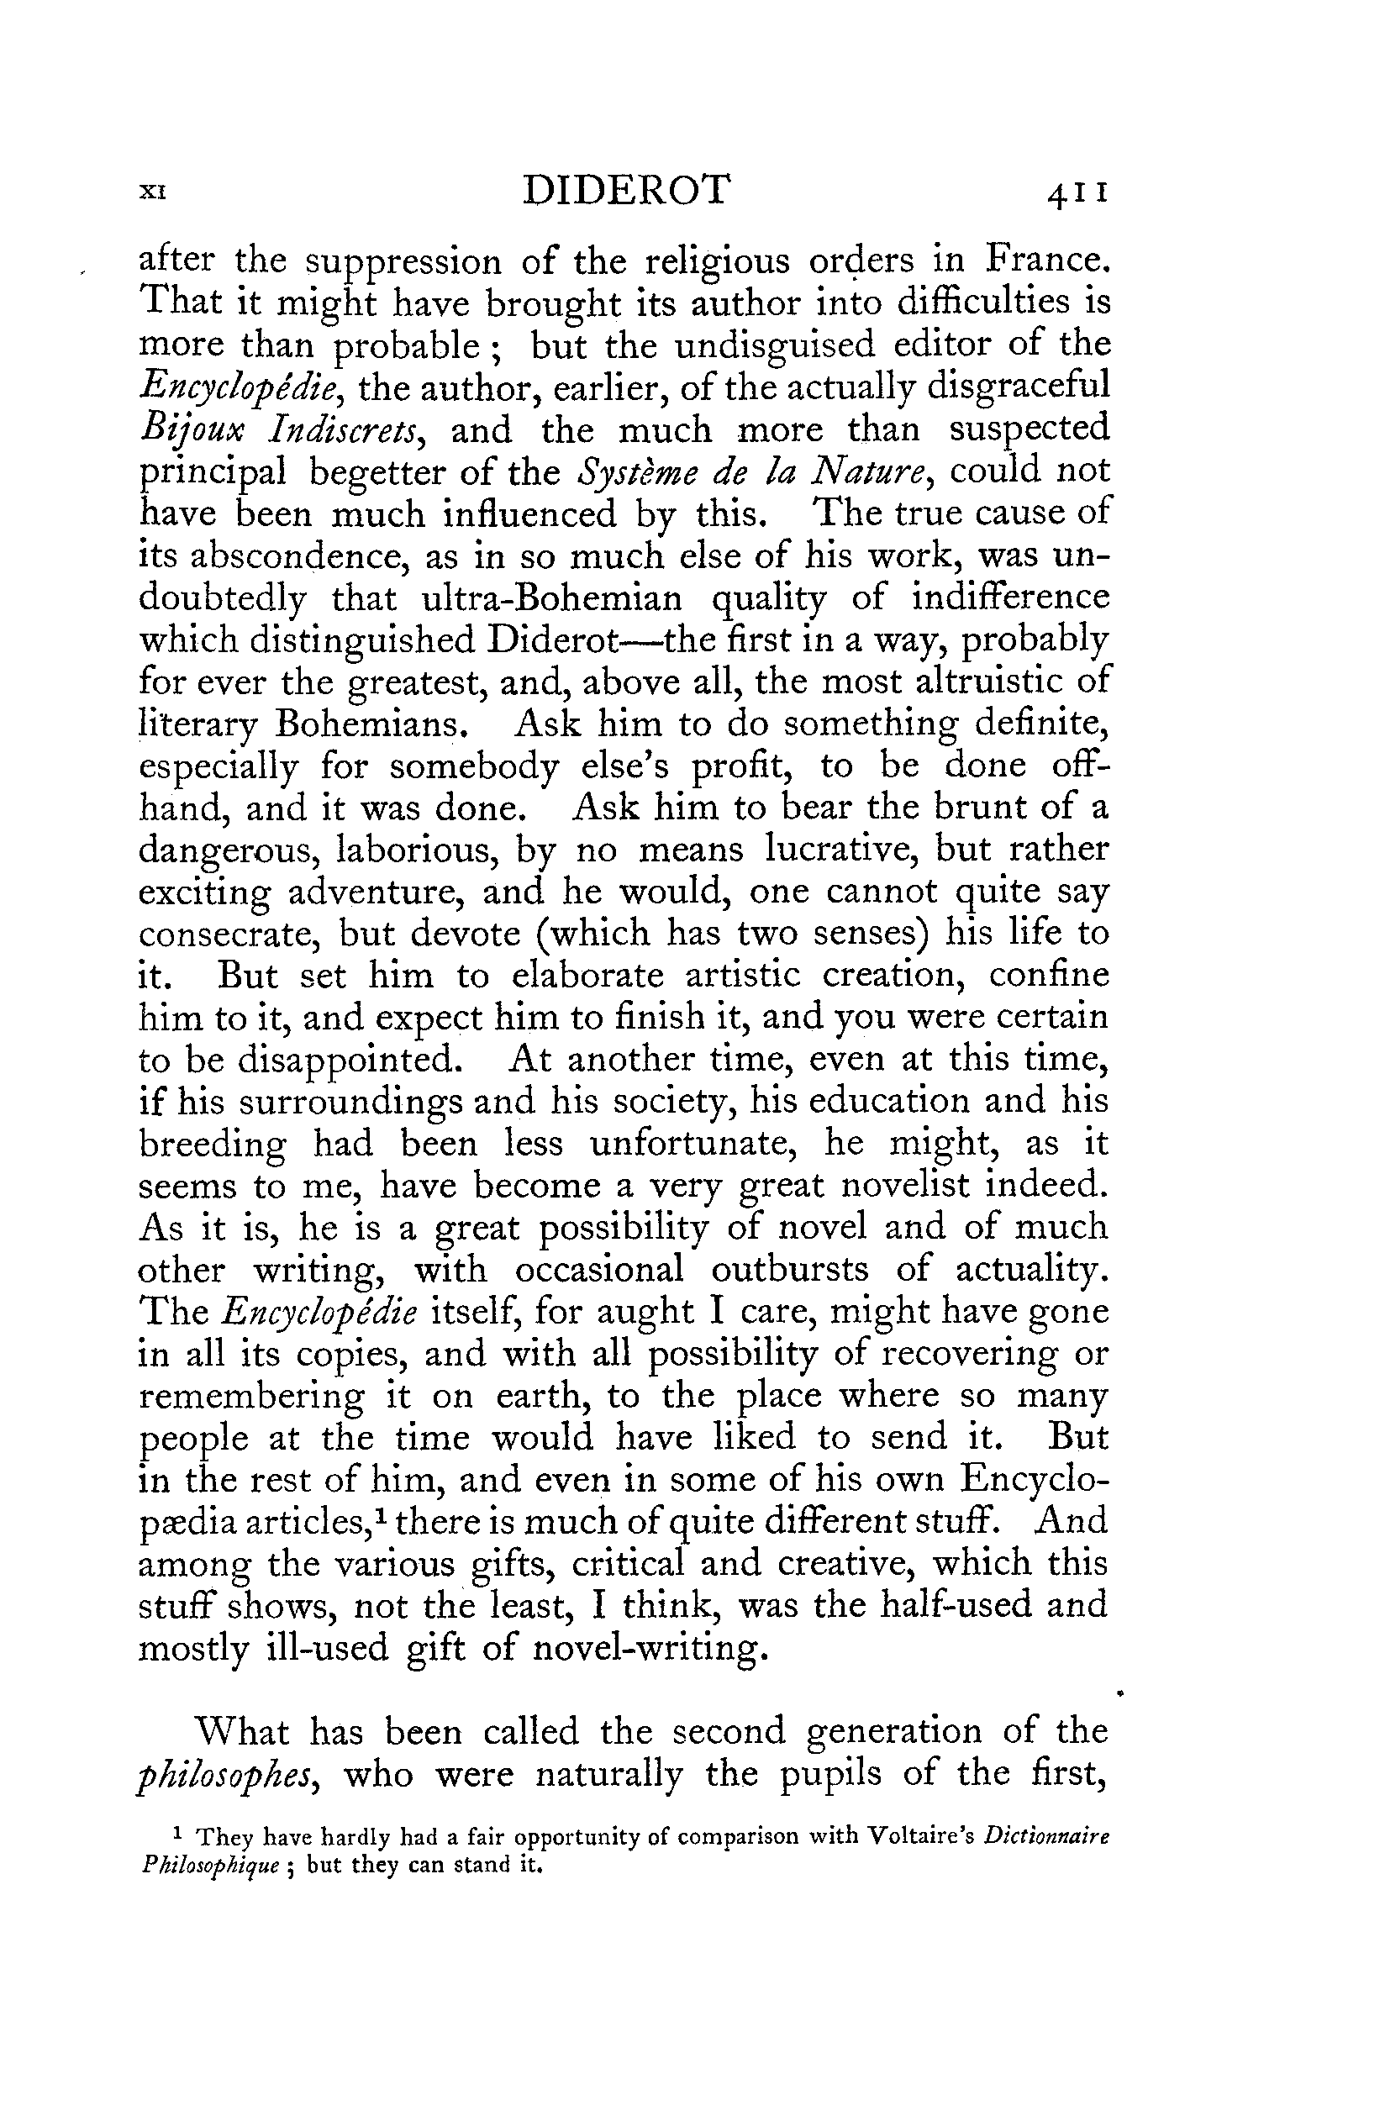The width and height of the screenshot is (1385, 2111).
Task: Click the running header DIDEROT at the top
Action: coord(626,191)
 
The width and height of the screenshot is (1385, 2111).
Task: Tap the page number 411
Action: coord(1077,192)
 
